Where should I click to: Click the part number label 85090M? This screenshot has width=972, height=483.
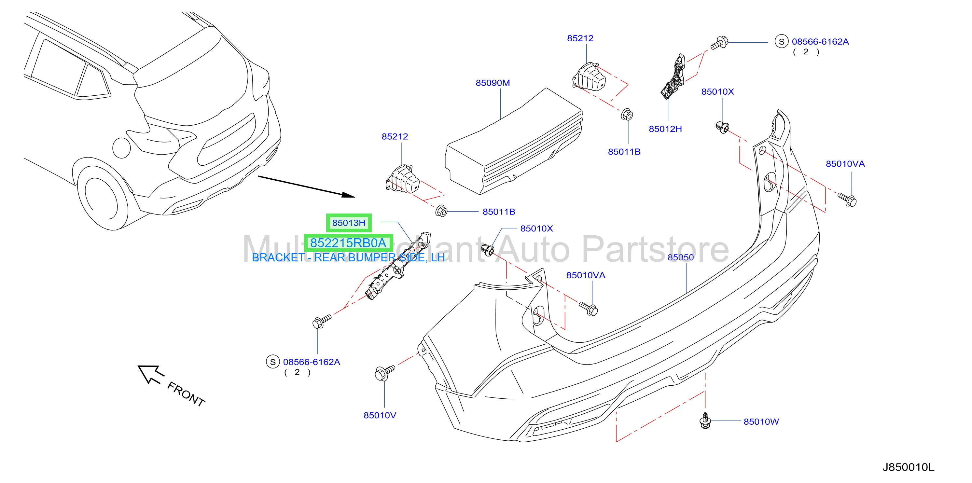pos(493,83)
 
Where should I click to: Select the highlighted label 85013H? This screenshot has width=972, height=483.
pos(349,223)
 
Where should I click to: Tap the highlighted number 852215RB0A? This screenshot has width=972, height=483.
pos(348,243)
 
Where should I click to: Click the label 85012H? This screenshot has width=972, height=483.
pos(665,129)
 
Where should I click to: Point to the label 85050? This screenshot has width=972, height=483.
pos(681,257)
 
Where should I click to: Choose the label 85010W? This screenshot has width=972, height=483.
pos(761,422)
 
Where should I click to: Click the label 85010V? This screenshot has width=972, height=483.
pos(380,415)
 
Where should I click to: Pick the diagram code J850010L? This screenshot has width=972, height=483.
pos(908,467)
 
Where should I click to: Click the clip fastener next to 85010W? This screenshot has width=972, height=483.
pos(705,421)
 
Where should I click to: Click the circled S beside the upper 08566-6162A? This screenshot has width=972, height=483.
pos(782,42)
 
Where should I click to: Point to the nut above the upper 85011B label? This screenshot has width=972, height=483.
pos(627,114)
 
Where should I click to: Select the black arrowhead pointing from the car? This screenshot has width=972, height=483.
pos(348,195)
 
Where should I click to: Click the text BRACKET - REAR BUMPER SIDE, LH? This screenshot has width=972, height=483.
pos(348,257)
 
